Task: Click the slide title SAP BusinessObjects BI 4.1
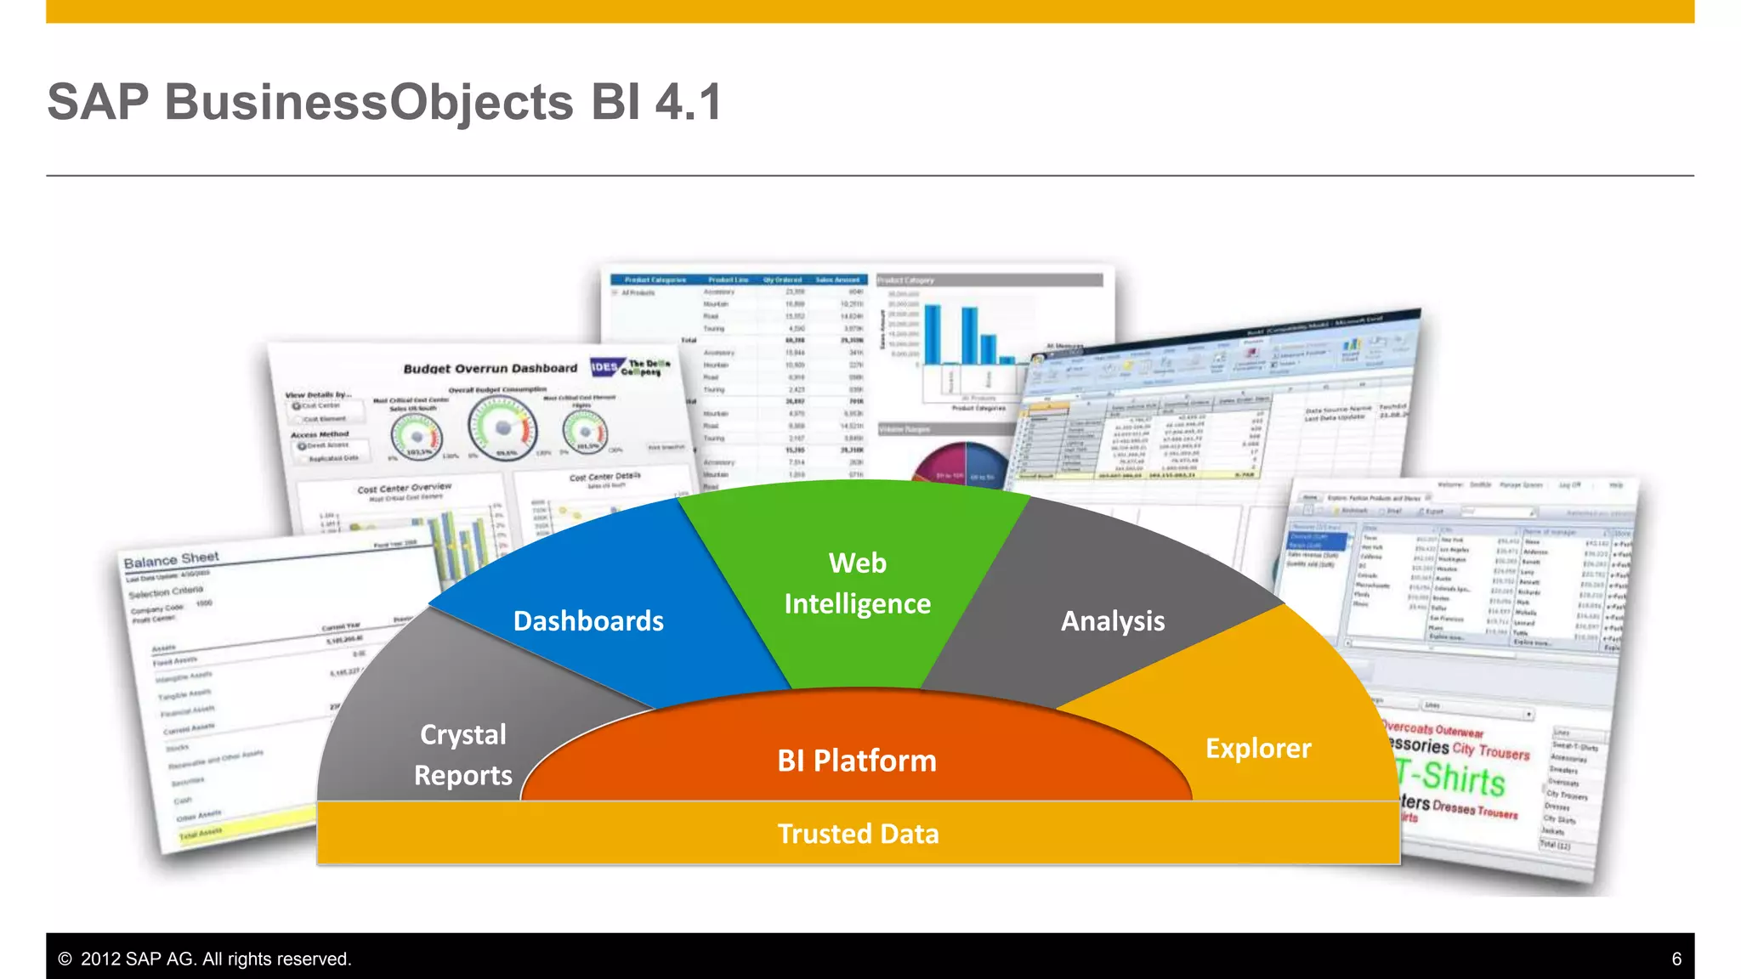[x=384, y=102]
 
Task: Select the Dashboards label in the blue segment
[x=588, y=621]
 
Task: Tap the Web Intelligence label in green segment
[x=857, y=583]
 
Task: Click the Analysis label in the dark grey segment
[x=1112, y=621]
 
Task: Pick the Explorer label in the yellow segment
[x=1258, y=749]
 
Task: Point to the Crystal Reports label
[x=463, y=755]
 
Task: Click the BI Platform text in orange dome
[x=857, y=761]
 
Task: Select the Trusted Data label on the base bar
[x=858, y=834]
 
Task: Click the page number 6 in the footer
[x=1676, y=959]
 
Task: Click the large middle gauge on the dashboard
[x=502, y=427]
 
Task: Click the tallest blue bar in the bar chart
[x=933, y=334]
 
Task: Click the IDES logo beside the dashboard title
[x=604, y=367]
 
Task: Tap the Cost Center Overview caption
[x=404, y=489]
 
